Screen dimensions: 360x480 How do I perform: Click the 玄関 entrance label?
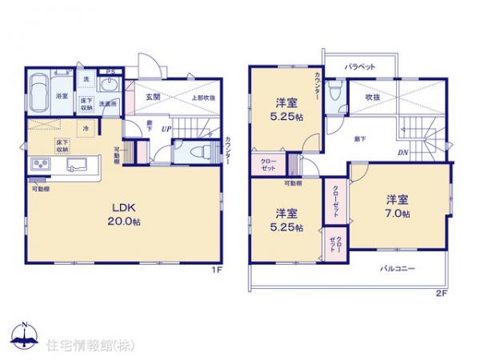point(154,97)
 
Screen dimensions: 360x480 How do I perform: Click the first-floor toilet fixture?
point(194,152)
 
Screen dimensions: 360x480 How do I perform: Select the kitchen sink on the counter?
point(77,166)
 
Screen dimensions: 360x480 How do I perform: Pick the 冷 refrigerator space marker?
point(85,128)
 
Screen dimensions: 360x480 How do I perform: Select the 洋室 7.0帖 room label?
point(398,206)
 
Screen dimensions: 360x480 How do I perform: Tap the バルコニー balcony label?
point(397,269)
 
